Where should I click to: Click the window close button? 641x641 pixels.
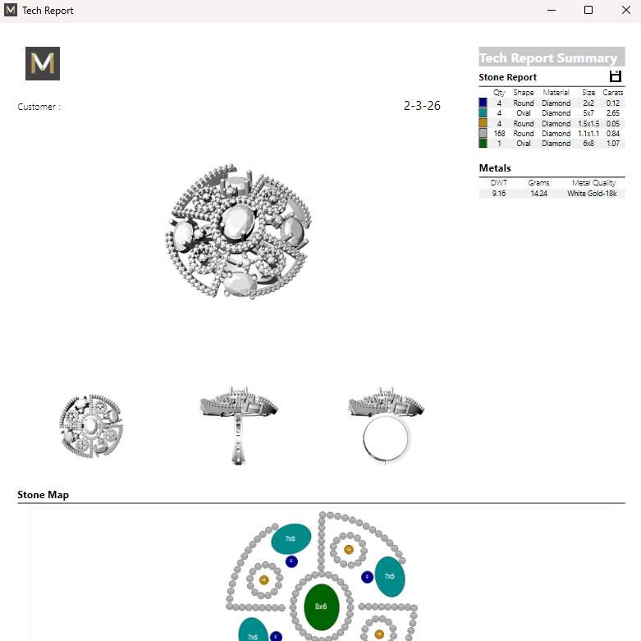click(x=625, y=11)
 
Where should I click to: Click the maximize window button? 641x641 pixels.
click(x=588, y=11)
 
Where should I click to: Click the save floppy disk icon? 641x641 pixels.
click(x=616, y=76)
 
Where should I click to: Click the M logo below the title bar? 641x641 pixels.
click(x=43, y=63)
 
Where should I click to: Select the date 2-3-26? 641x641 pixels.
click(x=422, y=106)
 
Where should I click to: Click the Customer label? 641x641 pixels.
click(x=39, y=107)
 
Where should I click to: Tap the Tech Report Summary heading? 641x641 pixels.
click(x=547, y=57)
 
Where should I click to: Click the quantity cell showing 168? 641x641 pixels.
click(x=499, y=133)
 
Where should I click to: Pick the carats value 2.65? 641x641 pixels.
click(x=612, y=113)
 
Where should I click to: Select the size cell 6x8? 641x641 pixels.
click(x=588, y=143)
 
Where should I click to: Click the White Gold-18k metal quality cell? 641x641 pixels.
click(x=590, y=194)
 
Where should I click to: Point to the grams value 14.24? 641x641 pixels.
click(x=538, y=194)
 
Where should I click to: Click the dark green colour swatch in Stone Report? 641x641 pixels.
click(x=483, y=143)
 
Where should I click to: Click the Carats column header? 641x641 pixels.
click(x=612, y=93)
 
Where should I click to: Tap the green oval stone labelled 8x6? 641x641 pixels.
click(x=321, y=607)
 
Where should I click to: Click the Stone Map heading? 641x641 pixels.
click(x=43, y=495)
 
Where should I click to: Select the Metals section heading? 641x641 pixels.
click(x=495, y=168)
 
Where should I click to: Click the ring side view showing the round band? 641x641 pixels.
click(x=386, y=427)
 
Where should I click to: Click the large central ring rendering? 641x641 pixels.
click(x=238, y=235)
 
